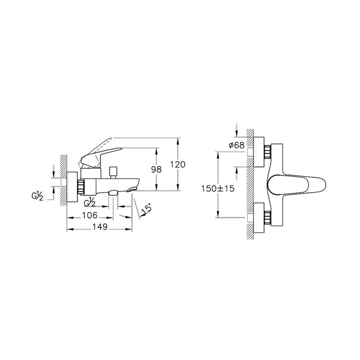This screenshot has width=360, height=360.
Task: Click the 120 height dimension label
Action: (x=178, y=165)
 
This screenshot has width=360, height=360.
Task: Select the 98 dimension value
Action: (x=156, y=170)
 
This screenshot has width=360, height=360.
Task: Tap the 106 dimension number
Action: (x=90, y=215)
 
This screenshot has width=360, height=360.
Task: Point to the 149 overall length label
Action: (x=100, y=227)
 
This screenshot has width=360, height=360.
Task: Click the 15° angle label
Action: (x=146, y=208)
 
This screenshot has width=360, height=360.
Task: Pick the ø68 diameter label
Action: (x=237, y=145)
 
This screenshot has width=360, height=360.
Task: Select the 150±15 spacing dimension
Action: (x=218, y=189)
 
